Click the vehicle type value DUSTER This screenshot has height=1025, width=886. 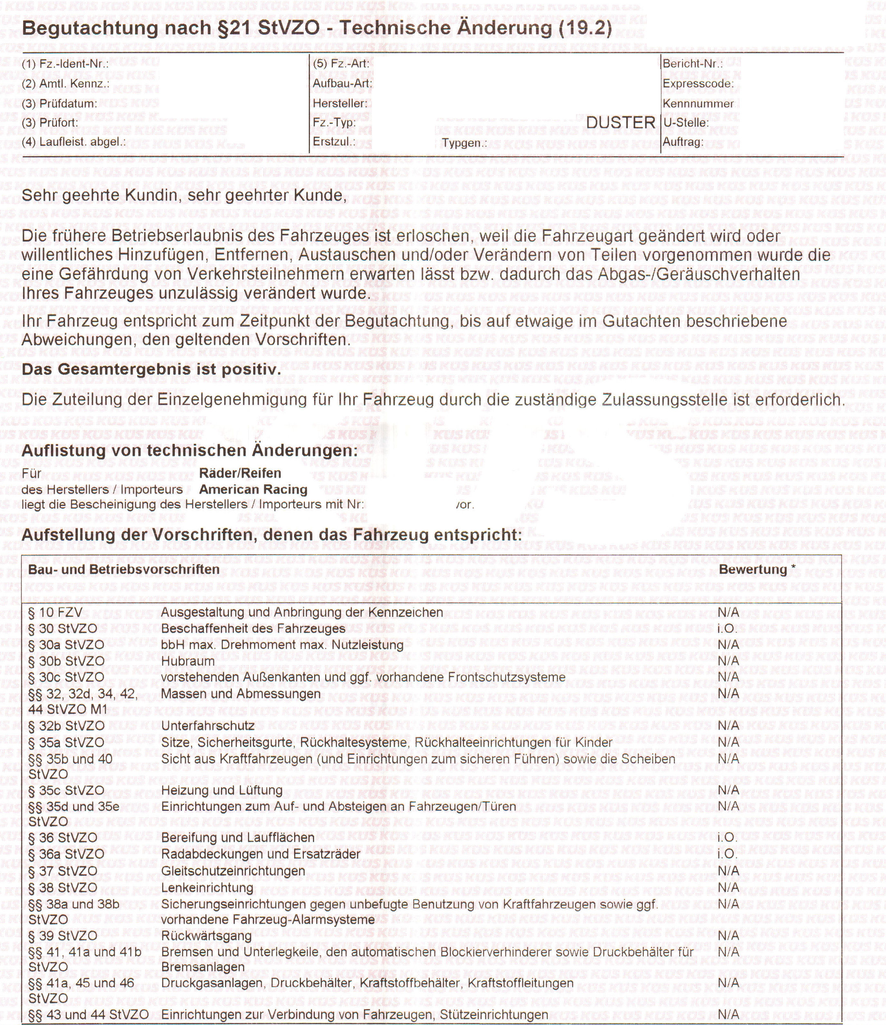[620, 122]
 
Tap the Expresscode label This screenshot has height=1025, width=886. [698, 84]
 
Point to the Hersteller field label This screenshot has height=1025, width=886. [340, 103]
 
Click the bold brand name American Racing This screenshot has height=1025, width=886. [253, 489]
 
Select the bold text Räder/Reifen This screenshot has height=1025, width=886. [240, 473]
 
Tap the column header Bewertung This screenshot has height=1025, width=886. [752, 569]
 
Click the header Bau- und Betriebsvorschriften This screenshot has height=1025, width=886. [124, 569]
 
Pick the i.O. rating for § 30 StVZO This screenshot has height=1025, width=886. [727, 629]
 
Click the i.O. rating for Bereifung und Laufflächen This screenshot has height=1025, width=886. [727, 837]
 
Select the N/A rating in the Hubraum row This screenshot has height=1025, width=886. [728, 661]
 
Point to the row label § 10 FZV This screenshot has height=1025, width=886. [55, 613]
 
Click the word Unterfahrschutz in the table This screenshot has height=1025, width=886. [208, 726]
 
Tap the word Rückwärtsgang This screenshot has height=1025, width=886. [206, 935]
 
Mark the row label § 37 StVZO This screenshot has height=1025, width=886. [62, 871]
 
